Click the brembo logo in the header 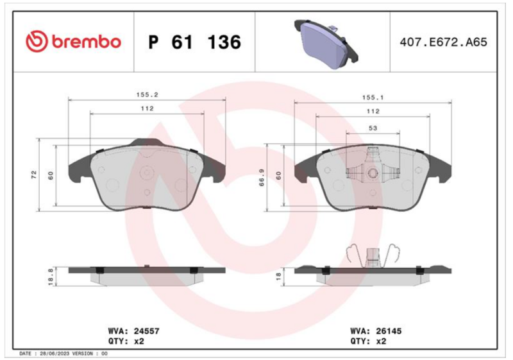click(x=73, y=42)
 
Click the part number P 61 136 click(x=195, y=42)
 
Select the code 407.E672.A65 click(x=443, y=42)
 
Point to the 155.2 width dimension click(x=147, y=94)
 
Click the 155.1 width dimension click(x=373, y=98)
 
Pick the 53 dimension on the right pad click(x=373, y=128)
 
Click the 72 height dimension click(x=34, y=175)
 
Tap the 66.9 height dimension click(x=262, y=178)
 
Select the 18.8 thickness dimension click(x=51, y=277)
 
